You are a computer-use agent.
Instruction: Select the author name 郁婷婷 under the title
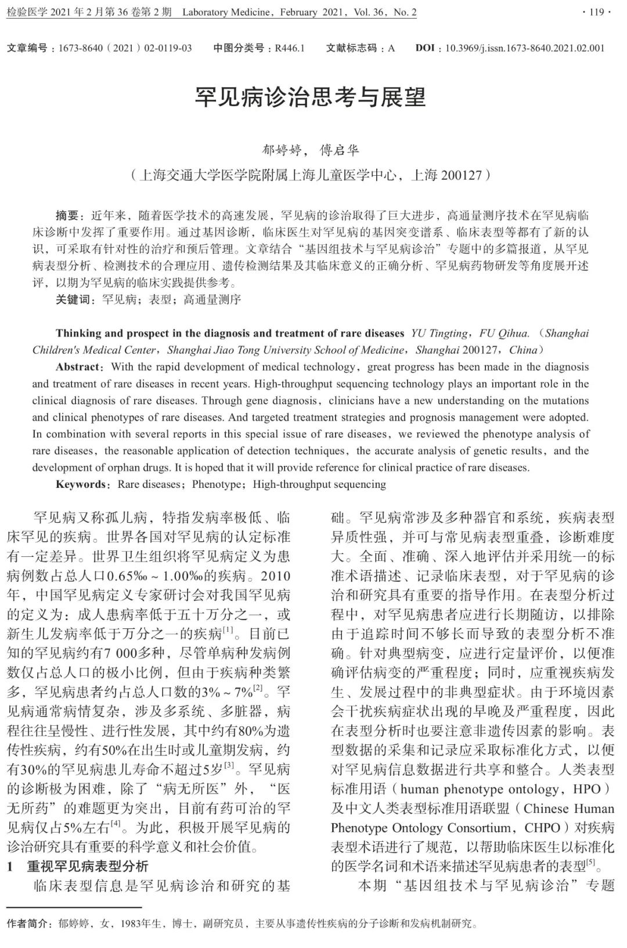tap(283, 150)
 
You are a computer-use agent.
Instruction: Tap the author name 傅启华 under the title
tap(340, 150)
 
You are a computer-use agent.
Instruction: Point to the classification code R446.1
tap(290, 48)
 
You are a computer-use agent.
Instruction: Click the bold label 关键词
tap(73, 299)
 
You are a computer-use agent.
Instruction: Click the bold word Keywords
tap(81, 484)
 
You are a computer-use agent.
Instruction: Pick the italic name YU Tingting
tap(439, 333)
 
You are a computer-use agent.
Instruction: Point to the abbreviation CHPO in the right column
tap(542, 827)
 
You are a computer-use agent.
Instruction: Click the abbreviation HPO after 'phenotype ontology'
tap(586, 789)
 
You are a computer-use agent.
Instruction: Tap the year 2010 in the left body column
tap(275, 576)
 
